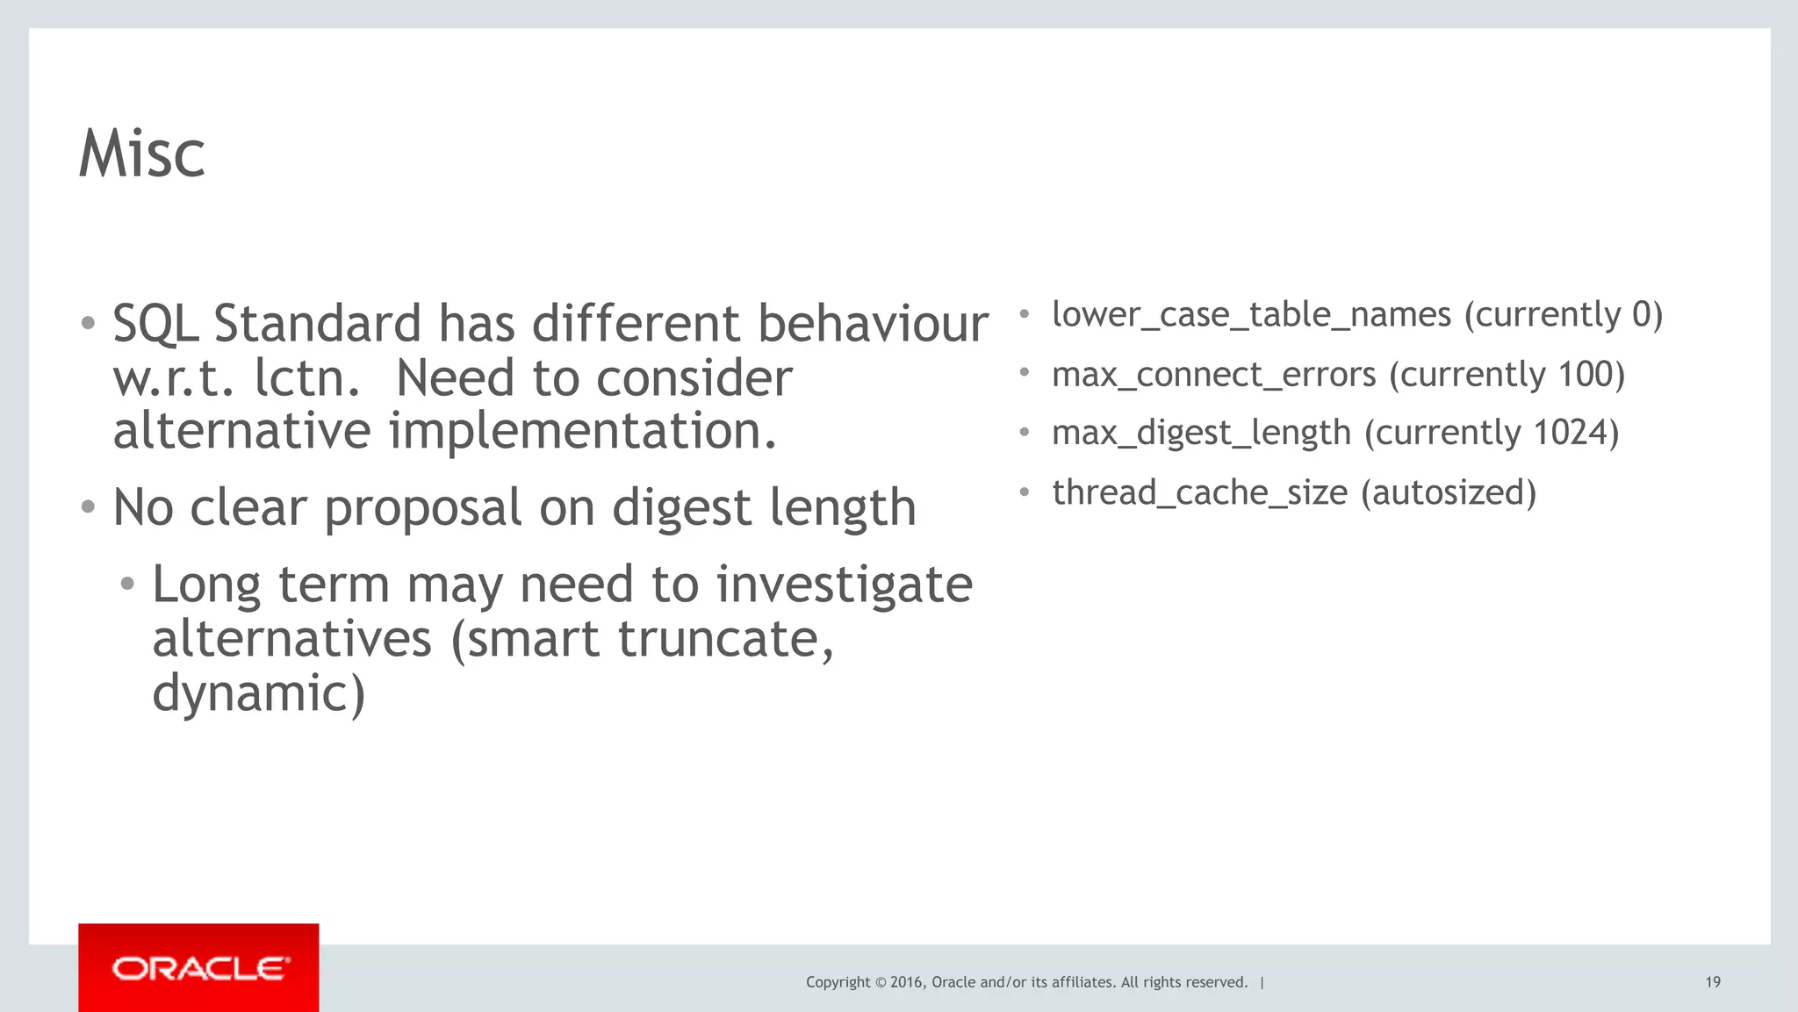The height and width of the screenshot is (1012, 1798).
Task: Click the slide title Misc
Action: pyautogui.click(x=142, y=154)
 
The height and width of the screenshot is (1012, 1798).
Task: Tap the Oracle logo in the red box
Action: pyautogui.click(x=199, y=969)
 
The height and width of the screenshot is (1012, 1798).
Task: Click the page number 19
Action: pyautogui.click(x=1713, y=982)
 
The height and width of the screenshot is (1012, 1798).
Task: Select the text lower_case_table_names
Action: pyautogui.click(x=1251, y=315)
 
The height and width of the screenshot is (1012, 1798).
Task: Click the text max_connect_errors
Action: pyautogui.click(x=1213, y=375)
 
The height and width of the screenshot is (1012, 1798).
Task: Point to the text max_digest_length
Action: pyautogui.click(x=1201, y=434)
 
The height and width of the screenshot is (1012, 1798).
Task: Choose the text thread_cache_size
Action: pyautogui.click(x=1199, y=492)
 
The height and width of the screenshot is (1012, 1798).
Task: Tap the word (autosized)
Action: pyautogui.click(x=1449, y=492)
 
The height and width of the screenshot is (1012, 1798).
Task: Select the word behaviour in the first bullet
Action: pyautogui.click(x=873, y=323)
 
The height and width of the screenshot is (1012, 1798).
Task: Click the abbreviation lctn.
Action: pyautogui.click(x=307, y=378)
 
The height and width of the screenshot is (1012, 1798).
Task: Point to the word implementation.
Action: pyautogui.click(x=583, y=431)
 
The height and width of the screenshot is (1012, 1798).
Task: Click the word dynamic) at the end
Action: pyautogui.click(x=258, y=693)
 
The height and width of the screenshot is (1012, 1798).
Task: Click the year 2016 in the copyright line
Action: pyautogui.click(x=906, y=982)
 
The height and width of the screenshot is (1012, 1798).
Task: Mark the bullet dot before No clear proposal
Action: pyautogui.click(x=88, y=507)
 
